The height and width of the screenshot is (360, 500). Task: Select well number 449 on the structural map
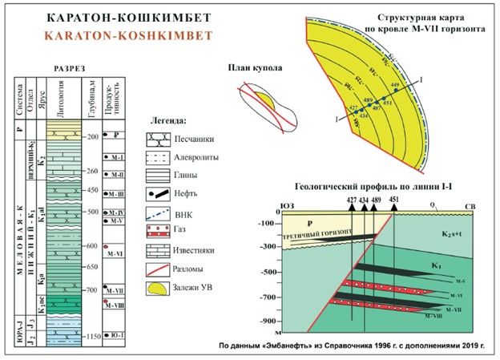[394, 84]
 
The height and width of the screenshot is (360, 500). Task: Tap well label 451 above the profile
[393, 200]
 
